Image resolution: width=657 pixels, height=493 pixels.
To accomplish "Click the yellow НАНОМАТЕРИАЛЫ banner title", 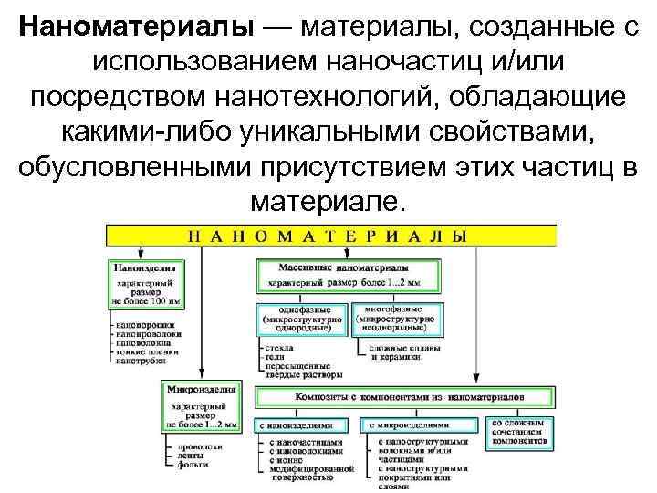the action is click(x=328, y=235).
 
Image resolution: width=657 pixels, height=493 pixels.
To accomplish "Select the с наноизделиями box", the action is click(x=301, y=425).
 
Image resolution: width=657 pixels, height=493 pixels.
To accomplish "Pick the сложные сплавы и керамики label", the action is click(x=401, y=353).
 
